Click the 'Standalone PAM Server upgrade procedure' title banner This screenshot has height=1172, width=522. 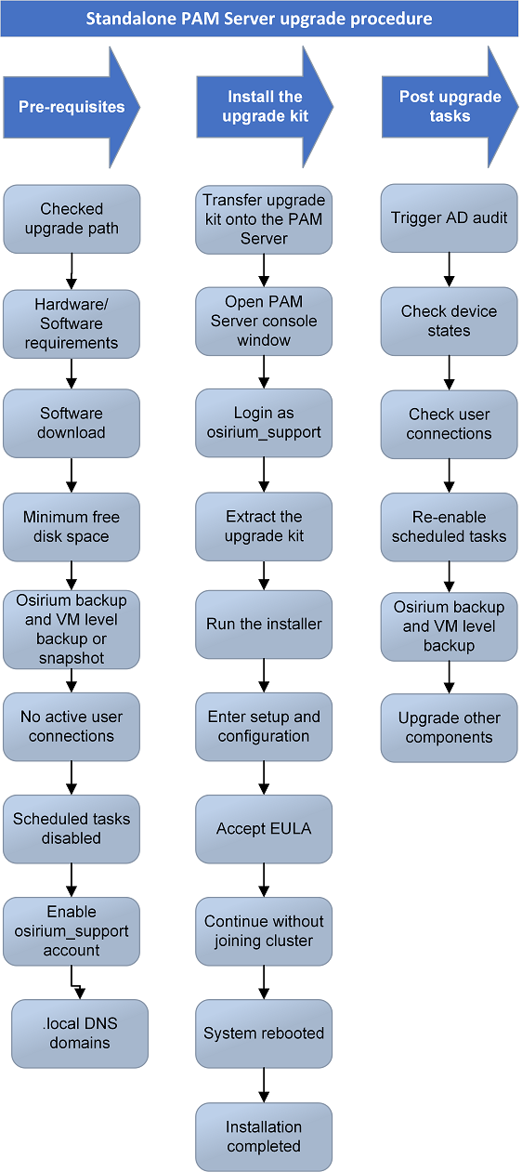(259, 19)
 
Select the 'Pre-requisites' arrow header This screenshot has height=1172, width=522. (65, 107)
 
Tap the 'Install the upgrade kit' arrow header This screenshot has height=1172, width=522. (260, 107)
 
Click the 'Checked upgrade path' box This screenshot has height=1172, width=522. (72, 218)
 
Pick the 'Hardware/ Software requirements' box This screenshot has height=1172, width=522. (72, 323)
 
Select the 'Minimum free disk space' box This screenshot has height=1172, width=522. (72, 526)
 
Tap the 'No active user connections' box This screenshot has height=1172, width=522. (72, 726)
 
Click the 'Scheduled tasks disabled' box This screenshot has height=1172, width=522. (72, 828)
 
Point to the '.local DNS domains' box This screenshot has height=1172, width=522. (80, 1033)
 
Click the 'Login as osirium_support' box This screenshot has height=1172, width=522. (264, 423)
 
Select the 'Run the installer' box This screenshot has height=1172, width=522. (264, 624)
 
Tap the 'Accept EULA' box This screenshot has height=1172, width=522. (264, 828)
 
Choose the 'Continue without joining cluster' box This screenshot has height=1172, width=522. (264, 930)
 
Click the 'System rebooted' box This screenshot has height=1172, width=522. (264, 1033)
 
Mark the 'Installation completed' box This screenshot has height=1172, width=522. (264, 1136)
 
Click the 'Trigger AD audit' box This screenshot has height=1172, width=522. (449, 217)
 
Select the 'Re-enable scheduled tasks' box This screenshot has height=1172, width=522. (449, 526)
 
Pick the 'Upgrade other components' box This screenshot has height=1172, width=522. (449, 727)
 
